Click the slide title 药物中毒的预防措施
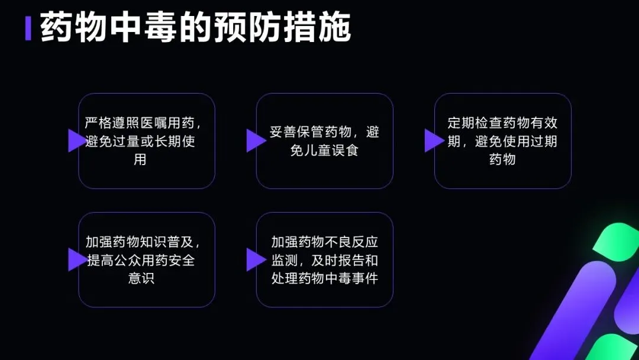tap(195, 28)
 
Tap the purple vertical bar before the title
tap(28, 28)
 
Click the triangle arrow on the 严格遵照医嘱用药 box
tap(76, 141)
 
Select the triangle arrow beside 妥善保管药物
tap(255, 141)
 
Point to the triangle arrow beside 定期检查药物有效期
tap(433, 141)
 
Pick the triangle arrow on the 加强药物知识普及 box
tap(76, 259)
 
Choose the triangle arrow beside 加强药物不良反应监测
tap(255, 259)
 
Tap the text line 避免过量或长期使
tap(140, 142)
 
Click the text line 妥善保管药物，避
tap(324, 132)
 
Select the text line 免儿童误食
tap(324, 150)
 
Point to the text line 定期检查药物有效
tap(502, 123)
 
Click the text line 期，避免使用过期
tap(502, 142)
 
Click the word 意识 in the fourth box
tap(141, 278)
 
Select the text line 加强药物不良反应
tap(324, 242)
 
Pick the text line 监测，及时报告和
tap(324, 260)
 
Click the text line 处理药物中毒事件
tap(324, 278)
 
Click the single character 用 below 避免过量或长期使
tap(140, 160)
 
